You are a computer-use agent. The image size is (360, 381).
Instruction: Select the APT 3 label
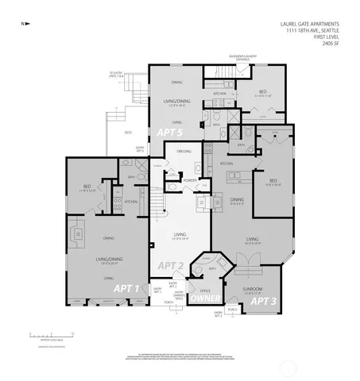pyautogui.click(x=265, y=301)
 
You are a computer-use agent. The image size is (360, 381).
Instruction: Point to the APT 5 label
pyautogui.click(x=169, y=132)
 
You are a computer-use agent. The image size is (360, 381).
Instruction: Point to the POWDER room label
pyautogui.click(x=190, y=180)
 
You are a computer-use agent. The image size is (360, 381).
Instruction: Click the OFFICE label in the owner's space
pyautogui.click(x=204, y=291)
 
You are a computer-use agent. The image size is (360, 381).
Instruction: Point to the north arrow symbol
pyautogui.click(x=25, y=23)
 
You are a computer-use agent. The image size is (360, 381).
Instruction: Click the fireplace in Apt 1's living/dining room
pyautogui.click(x=78, y=233)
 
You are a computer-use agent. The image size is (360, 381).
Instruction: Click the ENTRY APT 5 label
pyautogui.click(x=140, y=148)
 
